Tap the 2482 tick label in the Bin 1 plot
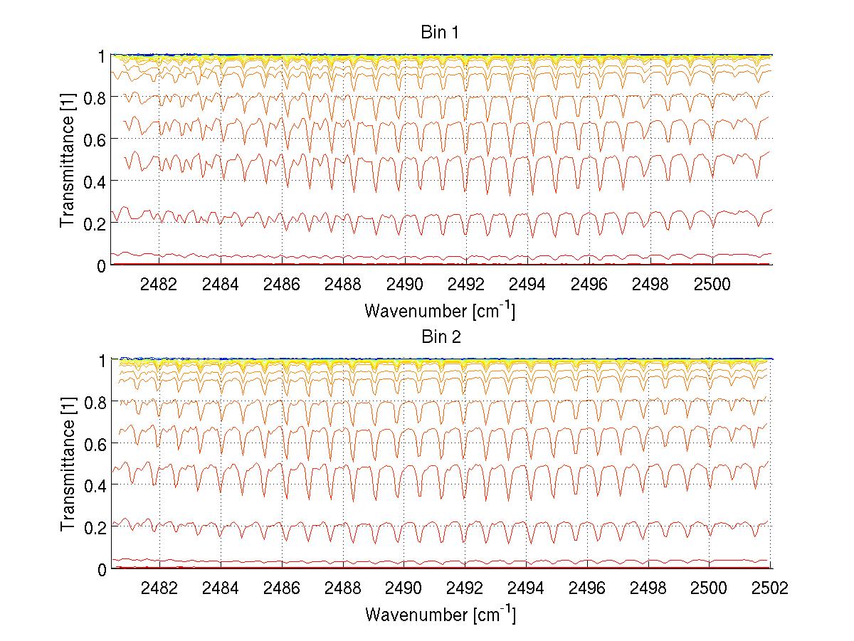point(159,284)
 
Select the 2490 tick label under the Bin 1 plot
point(405,284)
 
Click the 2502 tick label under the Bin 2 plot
point(771,588)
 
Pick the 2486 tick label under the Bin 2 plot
point(282,588)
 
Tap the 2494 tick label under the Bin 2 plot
point(527,588)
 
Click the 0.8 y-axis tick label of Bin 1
point(95,97)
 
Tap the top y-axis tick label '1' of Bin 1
point(102,55)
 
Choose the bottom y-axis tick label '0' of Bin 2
point(102,569)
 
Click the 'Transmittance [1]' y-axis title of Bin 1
point(68,160)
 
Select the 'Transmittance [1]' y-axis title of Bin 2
point(68,464)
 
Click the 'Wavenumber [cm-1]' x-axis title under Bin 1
point(440,310)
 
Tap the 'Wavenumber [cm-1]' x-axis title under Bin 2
point(440,613)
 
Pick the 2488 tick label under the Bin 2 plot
point(343,588)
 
